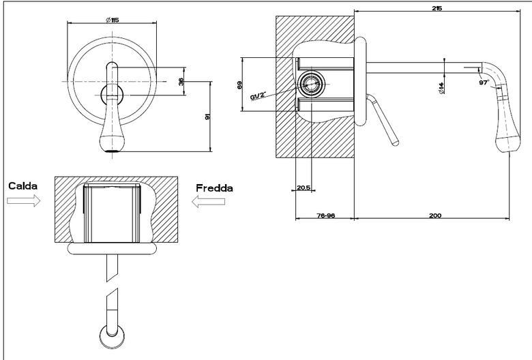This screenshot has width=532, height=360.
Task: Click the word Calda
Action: coord(23,186)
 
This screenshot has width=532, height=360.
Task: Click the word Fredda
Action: coord(214,188)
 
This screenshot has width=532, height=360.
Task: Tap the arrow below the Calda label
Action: coord(23,201)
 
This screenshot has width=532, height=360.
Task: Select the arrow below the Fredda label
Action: coord(208,202)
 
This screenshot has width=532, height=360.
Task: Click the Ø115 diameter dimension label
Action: coord(113,20)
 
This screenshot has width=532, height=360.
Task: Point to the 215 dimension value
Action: coord(437,8)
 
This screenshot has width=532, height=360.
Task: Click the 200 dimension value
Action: coord(435,215)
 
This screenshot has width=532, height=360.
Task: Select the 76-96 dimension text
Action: coord(326,215)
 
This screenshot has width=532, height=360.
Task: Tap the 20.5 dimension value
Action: coord(304,187)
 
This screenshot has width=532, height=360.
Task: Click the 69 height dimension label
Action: coord(239,85)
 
